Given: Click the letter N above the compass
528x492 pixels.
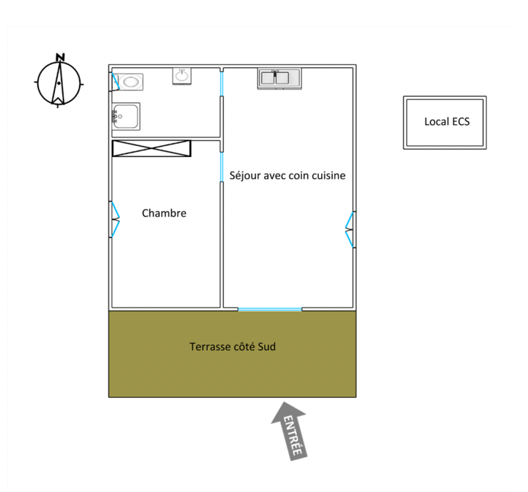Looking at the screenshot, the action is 60,57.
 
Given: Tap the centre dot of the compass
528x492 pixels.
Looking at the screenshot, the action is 59,83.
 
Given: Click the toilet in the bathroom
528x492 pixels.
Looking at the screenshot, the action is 128,82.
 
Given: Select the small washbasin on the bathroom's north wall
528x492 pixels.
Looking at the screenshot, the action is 182,76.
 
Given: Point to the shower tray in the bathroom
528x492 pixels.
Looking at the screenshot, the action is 126,116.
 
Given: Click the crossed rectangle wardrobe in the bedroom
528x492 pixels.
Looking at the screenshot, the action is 152,148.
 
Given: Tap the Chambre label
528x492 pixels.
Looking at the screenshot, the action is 164,213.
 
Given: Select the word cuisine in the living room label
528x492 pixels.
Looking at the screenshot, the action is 329,175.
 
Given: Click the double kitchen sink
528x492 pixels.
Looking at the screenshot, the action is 279,78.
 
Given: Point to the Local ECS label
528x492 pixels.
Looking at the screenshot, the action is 447,121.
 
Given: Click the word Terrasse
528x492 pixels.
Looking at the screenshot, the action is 209,346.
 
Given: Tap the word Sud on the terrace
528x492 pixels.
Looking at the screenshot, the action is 266,346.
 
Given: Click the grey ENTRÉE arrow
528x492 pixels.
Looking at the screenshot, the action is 290,431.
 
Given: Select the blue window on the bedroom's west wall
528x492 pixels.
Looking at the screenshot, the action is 115,219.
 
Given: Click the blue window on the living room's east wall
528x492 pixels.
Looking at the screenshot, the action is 350,230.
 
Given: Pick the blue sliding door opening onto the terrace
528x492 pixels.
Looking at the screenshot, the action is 270,309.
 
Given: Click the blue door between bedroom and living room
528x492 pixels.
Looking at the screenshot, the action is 221,167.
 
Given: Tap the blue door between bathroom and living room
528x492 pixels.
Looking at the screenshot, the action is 221,84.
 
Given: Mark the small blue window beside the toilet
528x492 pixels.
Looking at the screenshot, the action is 116,82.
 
